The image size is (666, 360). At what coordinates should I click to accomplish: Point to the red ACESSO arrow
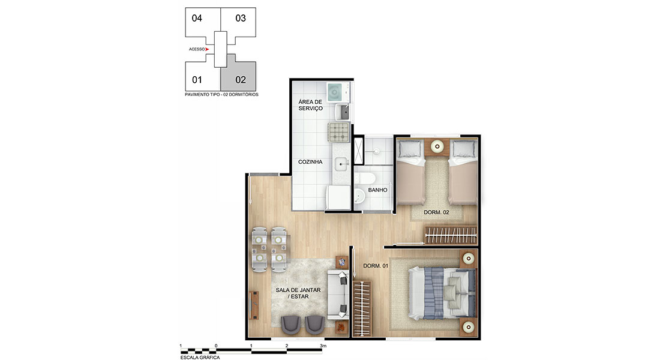[x=207, y=49]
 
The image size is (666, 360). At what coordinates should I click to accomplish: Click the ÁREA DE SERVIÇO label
[x=310, y=105]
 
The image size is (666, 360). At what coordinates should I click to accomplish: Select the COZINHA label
[x=310, y=162]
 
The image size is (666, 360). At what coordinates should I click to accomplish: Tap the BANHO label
[x=377, y=190]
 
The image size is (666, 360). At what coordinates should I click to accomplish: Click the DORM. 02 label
[x=436, y=212]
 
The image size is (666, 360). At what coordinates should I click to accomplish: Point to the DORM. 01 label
[x=376, y=266]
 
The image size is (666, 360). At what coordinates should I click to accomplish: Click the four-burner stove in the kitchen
[x=338, y=132]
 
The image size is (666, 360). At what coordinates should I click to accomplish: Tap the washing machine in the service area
[x=335, y=92]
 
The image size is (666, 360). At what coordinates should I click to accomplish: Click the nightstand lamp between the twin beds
[x=437, y=147]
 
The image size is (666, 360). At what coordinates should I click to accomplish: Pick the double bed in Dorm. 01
[x=442, y=293]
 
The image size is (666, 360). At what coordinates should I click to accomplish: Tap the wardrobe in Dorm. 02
[x=451, y=235]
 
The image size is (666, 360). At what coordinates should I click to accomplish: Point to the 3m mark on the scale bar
[x=323, y=346]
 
